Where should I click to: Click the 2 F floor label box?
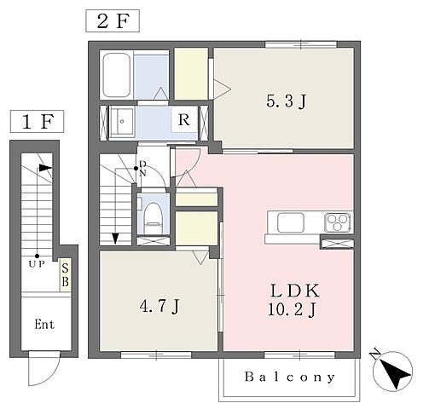[113, 20]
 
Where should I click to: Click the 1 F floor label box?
[37, 121]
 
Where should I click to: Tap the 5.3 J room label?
[286, 101]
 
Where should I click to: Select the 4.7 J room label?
[159, 306]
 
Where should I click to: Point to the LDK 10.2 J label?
[293, 300]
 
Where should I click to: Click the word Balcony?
[290, 377]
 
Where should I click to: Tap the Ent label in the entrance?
[44, 324]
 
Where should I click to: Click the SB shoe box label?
[65, 274]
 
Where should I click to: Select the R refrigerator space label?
[184, 120]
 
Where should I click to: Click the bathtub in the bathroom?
[117, 75]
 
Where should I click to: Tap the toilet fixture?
[154, 217]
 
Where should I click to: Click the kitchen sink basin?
[291, 222]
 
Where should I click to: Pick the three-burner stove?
[338, 222]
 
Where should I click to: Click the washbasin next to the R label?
[122, 121]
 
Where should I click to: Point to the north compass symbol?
[393, 371]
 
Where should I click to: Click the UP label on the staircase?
[37, 264]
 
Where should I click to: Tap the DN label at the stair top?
[143, 169]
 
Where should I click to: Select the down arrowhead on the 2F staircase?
[115, 239]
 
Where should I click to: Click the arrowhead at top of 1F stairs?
[45, 168]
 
